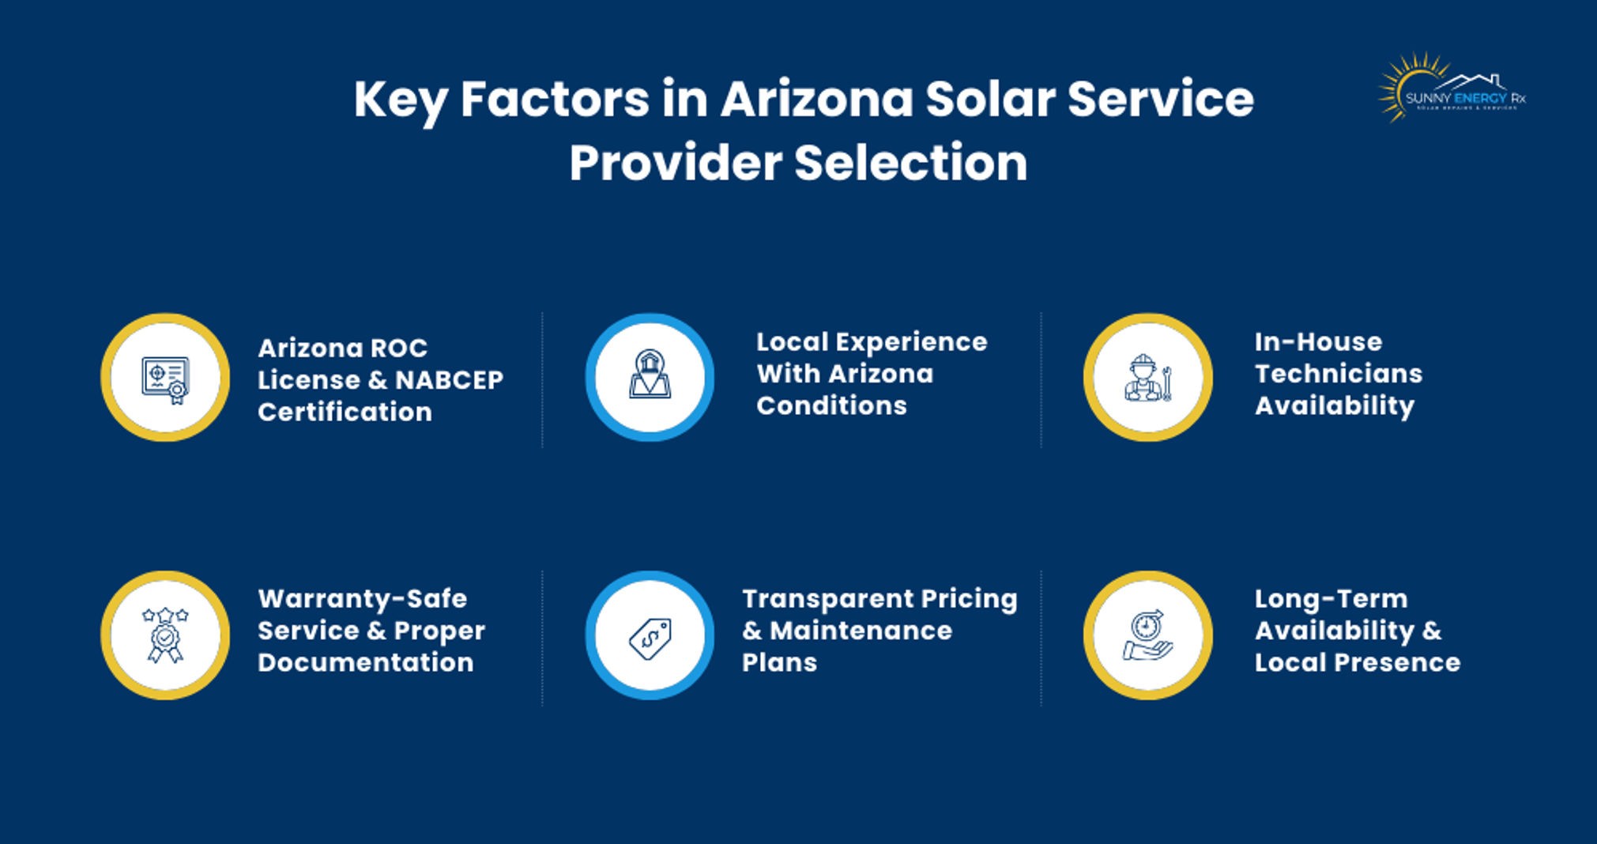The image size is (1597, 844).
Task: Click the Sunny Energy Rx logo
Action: point(1452,89)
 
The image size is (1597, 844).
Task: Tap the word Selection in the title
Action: point(910,163)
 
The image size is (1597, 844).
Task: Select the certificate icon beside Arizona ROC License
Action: point(165,378)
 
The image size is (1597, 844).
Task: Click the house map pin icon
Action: point(650,376)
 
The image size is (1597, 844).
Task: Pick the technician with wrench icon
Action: point(1147,378)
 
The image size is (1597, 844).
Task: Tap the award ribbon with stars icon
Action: point(165,635)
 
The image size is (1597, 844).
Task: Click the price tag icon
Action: point(650,636)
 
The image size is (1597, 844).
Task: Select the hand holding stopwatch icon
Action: point(1147,635)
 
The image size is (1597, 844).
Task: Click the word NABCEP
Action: point(449,380)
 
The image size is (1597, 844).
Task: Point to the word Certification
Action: point(345,412)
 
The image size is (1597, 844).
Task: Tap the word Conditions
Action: point(831,405)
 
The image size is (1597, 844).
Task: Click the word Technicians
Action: point(1339,374)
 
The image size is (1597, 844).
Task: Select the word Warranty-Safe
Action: point(363,598)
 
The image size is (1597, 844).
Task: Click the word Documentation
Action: point(366,662)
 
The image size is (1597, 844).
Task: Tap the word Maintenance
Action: point(861,631)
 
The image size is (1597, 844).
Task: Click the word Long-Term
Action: point(1331,598)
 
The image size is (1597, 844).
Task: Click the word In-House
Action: point(1318,341)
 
